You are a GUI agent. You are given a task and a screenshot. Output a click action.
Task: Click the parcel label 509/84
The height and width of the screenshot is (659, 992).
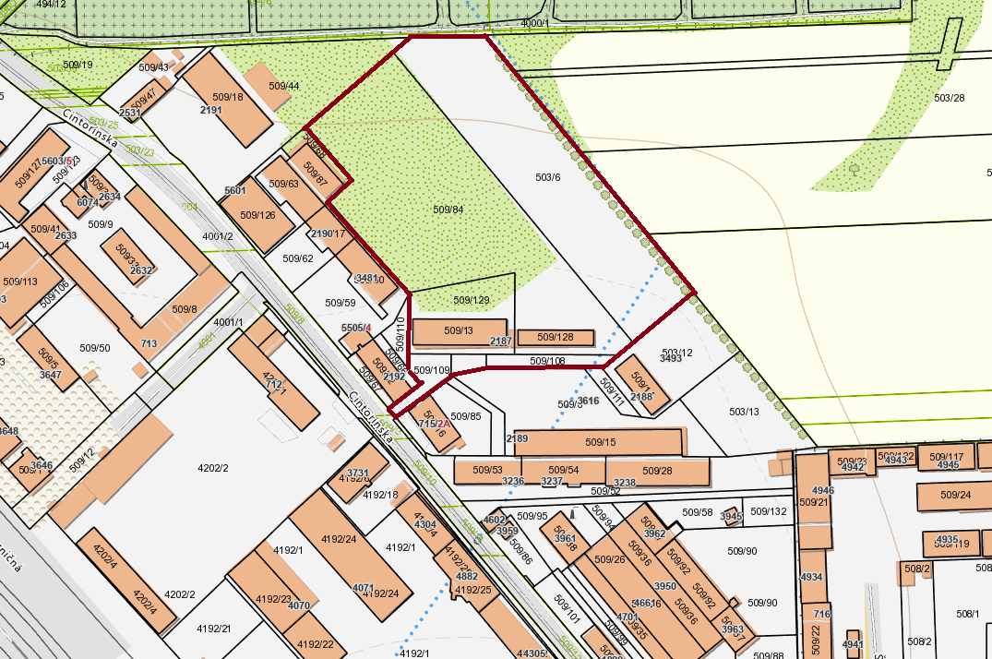click(448, 210)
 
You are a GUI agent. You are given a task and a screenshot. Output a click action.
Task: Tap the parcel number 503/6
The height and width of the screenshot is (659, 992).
click(548, 177)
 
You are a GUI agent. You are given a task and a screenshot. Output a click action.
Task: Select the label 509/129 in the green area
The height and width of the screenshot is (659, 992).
click(472, 300)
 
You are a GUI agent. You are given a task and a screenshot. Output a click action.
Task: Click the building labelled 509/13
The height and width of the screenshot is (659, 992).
click(459, 330)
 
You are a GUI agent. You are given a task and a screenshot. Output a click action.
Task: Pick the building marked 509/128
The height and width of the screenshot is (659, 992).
click(555, 337)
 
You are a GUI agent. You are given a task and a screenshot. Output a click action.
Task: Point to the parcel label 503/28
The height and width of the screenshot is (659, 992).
click(949, 98)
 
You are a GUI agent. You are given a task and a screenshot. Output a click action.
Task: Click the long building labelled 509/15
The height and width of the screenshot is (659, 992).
click(600, 442)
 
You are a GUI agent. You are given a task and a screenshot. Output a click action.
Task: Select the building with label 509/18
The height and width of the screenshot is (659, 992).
click(228, 97)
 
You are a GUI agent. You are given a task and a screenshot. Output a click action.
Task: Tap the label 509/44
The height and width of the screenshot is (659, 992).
click(284, 86)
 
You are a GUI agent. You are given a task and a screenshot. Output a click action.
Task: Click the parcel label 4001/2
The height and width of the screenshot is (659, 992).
click(217, 235)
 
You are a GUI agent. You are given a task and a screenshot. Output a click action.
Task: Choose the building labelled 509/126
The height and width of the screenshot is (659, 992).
click(257, 215)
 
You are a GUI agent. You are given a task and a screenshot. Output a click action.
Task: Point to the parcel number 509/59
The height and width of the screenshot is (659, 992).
click(340, 303)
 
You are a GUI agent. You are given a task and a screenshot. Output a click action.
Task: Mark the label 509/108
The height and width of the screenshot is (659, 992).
click(547, 361)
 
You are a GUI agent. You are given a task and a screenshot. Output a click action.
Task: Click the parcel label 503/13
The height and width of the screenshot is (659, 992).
click(744, 412)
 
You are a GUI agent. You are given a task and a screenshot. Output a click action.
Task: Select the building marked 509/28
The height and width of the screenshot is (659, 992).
click(658, 471)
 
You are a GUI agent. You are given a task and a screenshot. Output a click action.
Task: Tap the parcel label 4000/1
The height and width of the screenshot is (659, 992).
click(534, 23)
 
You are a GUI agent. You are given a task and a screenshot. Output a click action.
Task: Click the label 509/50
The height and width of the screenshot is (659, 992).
click(94, 348)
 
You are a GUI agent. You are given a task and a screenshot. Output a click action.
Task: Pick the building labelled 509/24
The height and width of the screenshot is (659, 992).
click(957, 495)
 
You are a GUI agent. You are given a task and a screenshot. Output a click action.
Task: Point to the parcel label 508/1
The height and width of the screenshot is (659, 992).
click(967, 613)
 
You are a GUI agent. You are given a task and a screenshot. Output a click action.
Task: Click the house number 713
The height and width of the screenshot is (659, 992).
click(149, 344)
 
